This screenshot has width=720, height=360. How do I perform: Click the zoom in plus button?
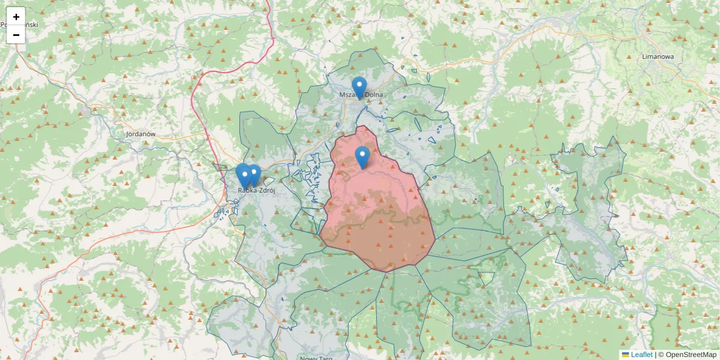(16, 16)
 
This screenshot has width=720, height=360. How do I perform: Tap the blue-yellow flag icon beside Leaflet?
(625, 355)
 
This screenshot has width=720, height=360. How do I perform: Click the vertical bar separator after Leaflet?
(655, 355)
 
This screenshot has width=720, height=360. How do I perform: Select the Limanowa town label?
(658, 56)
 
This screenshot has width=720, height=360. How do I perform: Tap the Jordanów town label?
(141, 134)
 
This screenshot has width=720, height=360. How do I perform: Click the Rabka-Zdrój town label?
(257, 190)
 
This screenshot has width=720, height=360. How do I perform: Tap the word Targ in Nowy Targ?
(325, 358)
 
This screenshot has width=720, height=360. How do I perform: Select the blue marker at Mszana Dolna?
(359, 88)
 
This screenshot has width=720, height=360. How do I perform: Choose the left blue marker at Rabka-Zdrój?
(243, 175)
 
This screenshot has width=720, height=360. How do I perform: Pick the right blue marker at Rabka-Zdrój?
(254, 175)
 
